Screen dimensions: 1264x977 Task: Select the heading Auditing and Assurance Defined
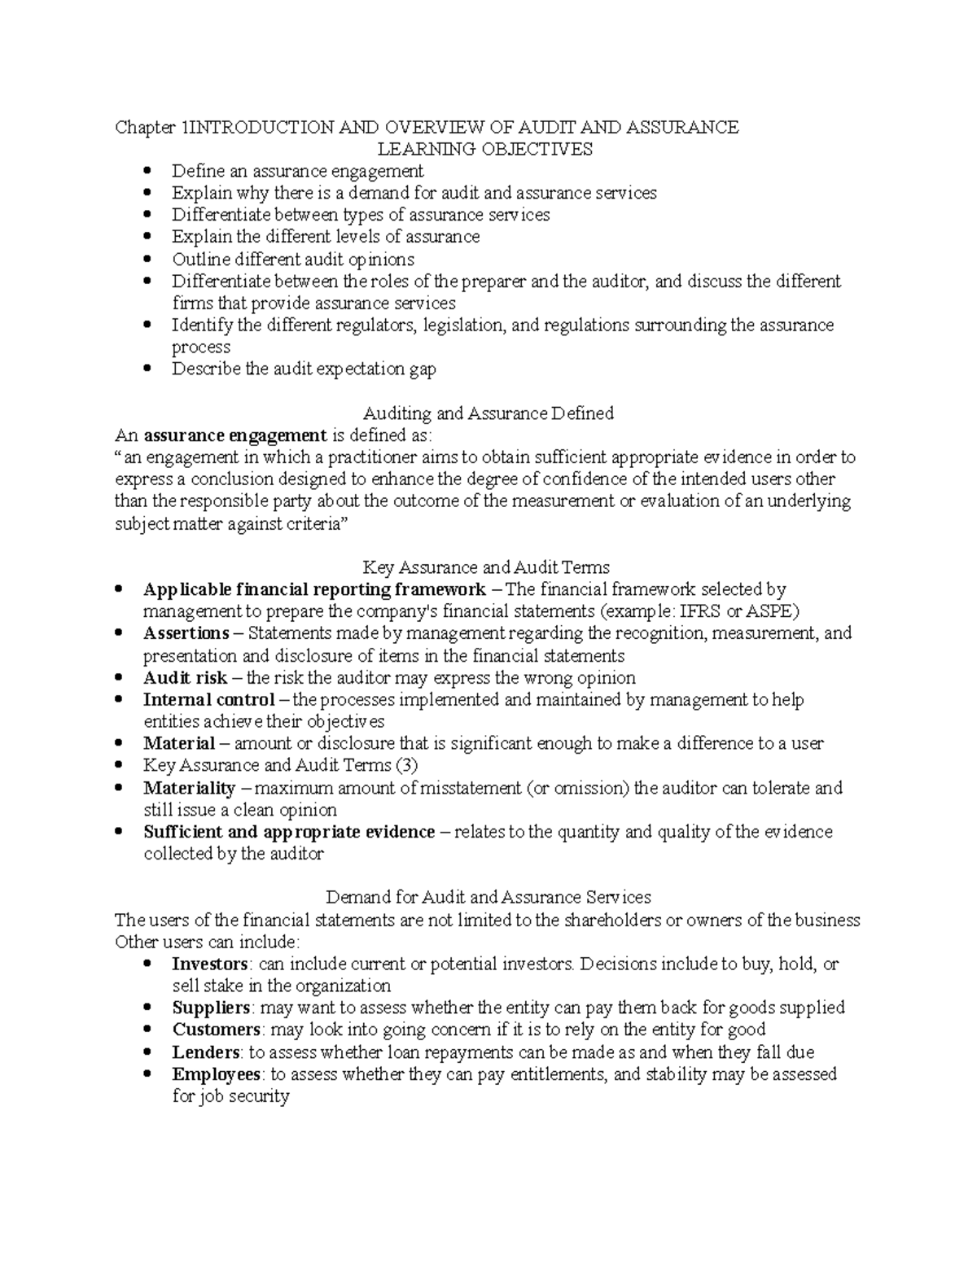point(488,413)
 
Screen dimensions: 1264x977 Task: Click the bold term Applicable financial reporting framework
point(314,589)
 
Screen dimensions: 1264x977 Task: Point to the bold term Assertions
point(186,633)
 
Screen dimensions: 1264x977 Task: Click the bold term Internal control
point(208,700)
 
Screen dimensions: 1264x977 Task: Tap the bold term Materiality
point(189,788)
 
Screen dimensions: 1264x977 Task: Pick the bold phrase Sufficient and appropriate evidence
point(289,832)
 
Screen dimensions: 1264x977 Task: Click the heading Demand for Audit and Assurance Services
point(488,897)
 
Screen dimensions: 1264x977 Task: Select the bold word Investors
point(209,964)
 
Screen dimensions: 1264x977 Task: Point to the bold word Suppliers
point(210,1008)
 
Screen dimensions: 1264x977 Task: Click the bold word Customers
point(216,1030)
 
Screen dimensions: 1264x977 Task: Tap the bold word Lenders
point(205,1052)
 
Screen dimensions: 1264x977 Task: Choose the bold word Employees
point(216,1074)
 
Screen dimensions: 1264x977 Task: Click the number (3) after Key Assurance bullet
point(405,765)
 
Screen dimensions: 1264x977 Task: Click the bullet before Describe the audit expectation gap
point(147,369)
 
